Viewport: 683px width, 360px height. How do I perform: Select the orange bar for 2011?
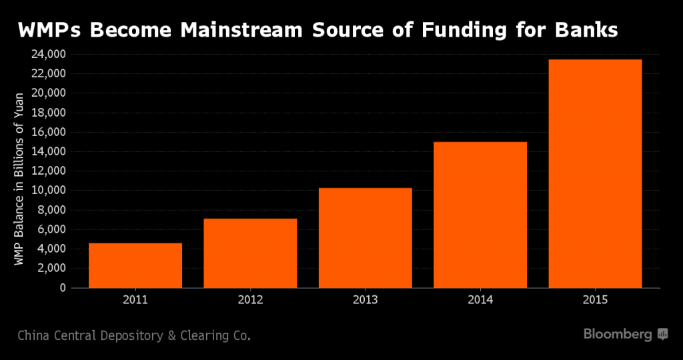135,265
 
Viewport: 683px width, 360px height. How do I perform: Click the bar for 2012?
250,253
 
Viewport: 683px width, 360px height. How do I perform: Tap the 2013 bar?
365,238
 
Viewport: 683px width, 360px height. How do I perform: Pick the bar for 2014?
480,215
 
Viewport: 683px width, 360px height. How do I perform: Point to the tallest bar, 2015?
595,174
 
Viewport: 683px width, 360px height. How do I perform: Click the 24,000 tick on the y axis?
48,55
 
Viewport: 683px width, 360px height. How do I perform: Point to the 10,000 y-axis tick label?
48,191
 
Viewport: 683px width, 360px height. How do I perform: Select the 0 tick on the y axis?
63,288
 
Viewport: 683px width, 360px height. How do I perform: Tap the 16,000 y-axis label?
48,133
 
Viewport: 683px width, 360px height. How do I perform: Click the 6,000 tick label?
51,229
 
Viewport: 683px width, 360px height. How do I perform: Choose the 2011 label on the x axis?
135,300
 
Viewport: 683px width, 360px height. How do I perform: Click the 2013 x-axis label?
365,300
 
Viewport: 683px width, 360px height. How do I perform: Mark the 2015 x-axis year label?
595,300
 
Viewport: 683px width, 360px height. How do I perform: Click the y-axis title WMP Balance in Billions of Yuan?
19,179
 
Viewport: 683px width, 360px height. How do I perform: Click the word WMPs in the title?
49,31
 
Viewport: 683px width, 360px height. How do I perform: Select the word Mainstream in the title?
241,31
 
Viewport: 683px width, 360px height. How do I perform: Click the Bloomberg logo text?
618,334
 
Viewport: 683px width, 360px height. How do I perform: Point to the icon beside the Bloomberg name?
662,334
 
